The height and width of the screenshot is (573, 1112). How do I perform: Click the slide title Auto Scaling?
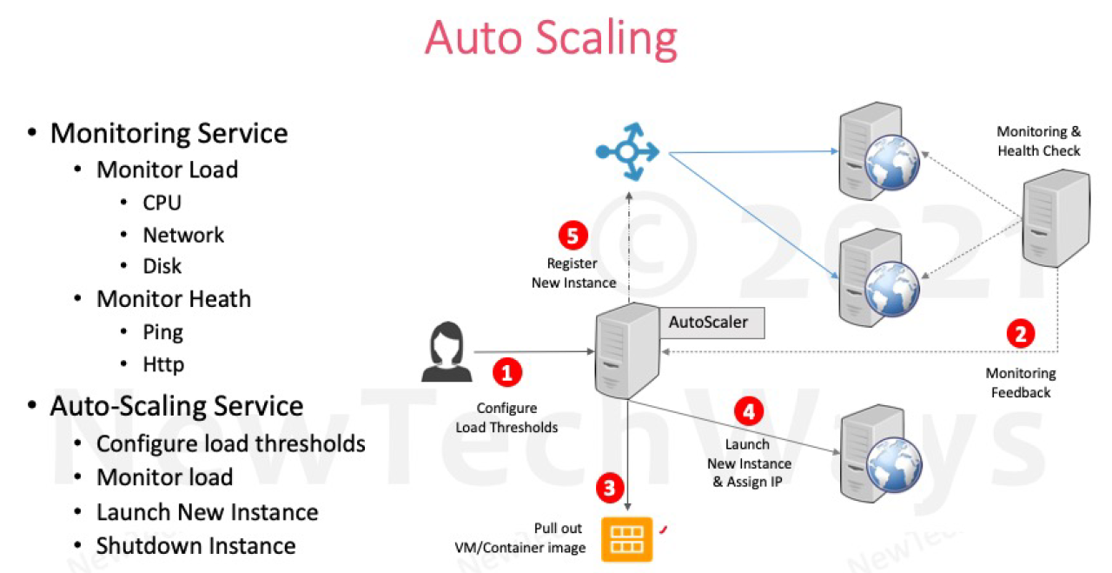click(551, 39)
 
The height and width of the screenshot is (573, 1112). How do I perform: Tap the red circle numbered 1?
click(507, 372)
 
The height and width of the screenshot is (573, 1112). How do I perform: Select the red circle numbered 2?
click(1020, 334)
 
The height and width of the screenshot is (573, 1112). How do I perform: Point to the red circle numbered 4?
click(748, 410)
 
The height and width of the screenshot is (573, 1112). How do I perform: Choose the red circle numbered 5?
click(573, 236)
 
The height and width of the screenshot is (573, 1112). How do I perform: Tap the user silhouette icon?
click(447, 351)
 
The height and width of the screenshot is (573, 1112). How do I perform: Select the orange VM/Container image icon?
click(626, 538)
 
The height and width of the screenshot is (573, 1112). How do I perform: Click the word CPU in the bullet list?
click(162, 203)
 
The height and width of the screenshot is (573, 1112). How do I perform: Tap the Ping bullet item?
click(163, 332)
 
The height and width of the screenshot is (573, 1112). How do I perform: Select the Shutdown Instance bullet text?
click(196, 546)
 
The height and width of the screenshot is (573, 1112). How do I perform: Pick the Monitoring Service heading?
click(169, 133)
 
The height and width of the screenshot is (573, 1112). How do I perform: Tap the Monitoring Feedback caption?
click(1021, 383)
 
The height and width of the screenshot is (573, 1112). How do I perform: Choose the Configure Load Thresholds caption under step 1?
click(507, 417)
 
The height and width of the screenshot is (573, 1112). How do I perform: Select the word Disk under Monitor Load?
click(162, 266)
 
